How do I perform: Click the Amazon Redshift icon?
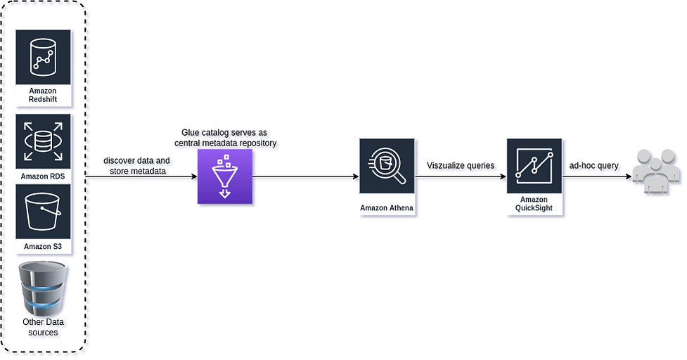[43, 58]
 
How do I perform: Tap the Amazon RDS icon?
[43, 141]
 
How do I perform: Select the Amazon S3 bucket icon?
[43, 212]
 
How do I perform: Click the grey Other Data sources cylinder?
[43, 289]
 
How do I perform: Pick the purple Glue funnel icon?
[225, 176]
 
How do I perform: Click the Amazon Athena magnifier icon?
[387, 166]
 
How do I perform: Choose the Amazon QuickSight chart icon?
[534, 166]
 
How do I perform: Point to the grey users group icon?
[656, 172]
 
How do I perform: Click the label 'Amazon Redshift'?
[43, 95]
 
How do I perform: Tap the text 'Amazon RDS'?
[43, 176]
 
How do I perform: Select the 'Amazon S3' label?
[43, 247]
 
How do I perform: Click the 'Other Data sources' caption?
[43, 327]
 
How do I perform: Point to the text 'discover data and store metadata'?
[136, 166]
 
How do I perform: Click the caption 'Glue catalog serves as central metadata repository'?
[225, 138]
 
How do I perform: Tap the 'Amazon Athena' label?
[387, 208]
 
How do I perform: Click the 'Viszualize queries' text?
[461, 165]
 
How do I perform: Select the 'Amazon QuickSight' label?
[534, 204]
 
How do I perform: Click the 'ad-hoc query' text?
[593, 165]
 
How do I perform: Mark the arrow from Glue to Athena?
[306, 176]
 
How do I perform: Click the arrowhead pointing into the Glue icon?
[195, 176]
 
